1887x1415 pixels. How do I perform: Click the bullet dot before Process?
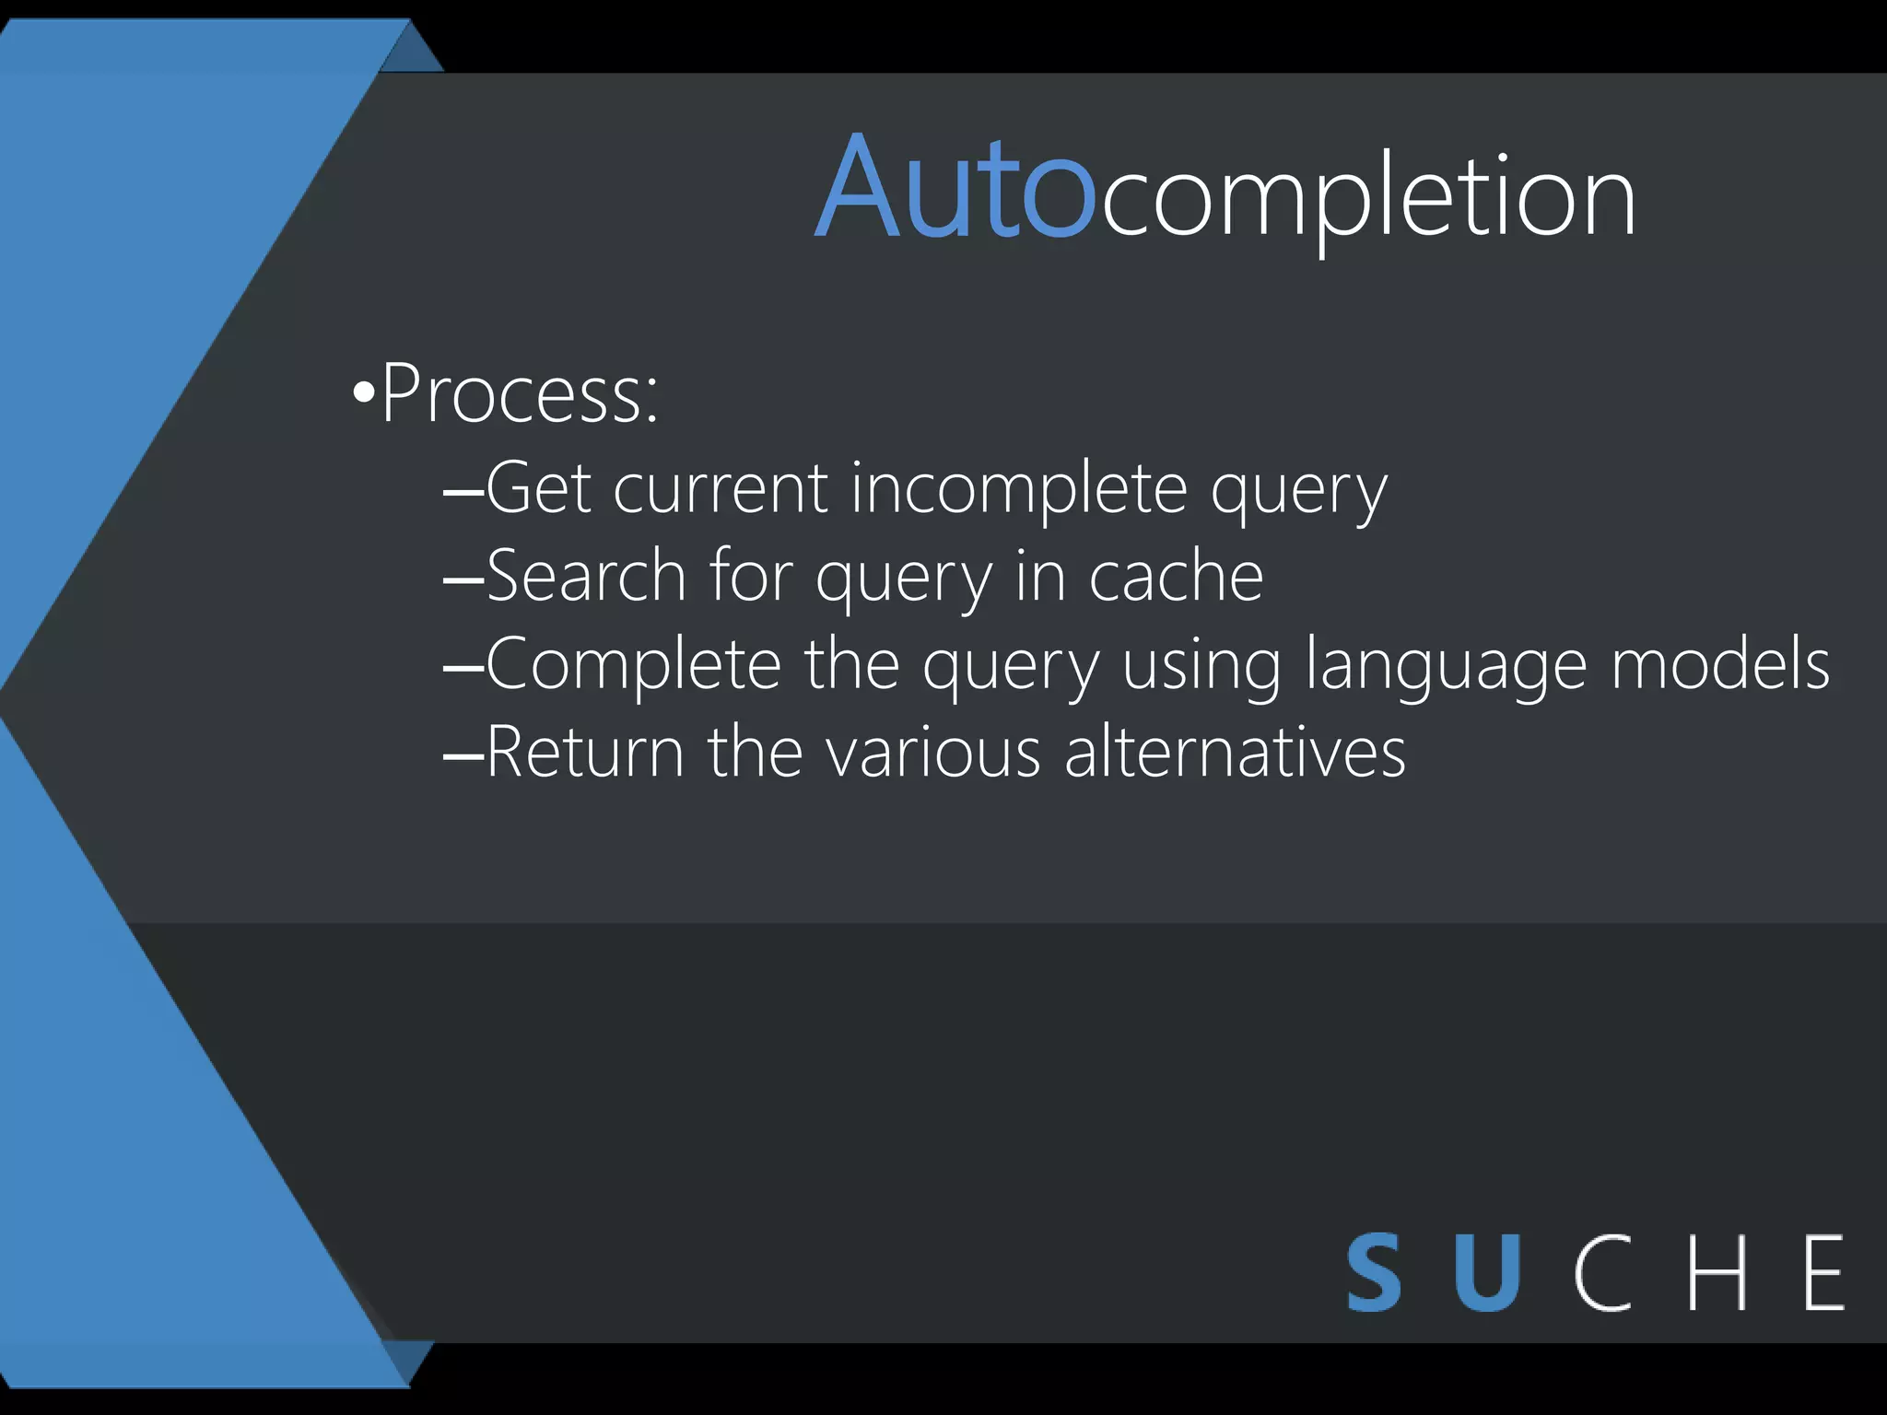(x=363, y=395)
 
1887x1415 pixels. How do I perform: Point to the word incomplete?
(x=1018, y=490)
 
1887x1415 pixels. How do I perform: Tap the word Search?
(x=586, y=577)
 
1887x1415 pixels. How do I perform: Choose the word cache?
(x=1176, y=577)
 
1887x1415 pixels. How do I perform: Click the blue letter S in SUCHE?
(x=1374, y=1273)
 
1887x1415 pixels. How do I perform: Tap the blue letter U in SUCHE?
(x=1486, y=1273)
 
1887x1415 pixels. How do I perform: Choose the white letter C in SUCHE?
(x=1602, y=1273)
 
